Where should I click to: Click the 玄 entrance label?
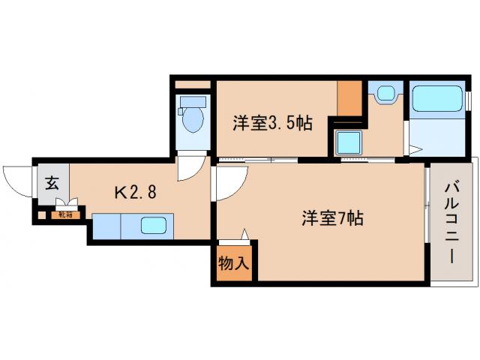point(52,181)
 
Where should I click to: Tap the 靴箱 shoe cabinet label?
point(64,215)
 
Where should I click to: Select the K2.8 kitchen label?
point(135,192)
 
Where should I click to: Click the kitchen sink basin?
point(155,224)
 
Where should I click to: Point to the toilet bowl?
point(192,120)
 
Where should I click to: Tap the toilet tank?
point(193,100)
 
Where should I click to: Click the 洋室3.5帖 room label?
point(271,123)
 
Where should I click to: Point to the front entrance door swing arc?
point(16,180)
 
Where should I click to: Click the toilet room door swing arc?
point(190,169)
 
